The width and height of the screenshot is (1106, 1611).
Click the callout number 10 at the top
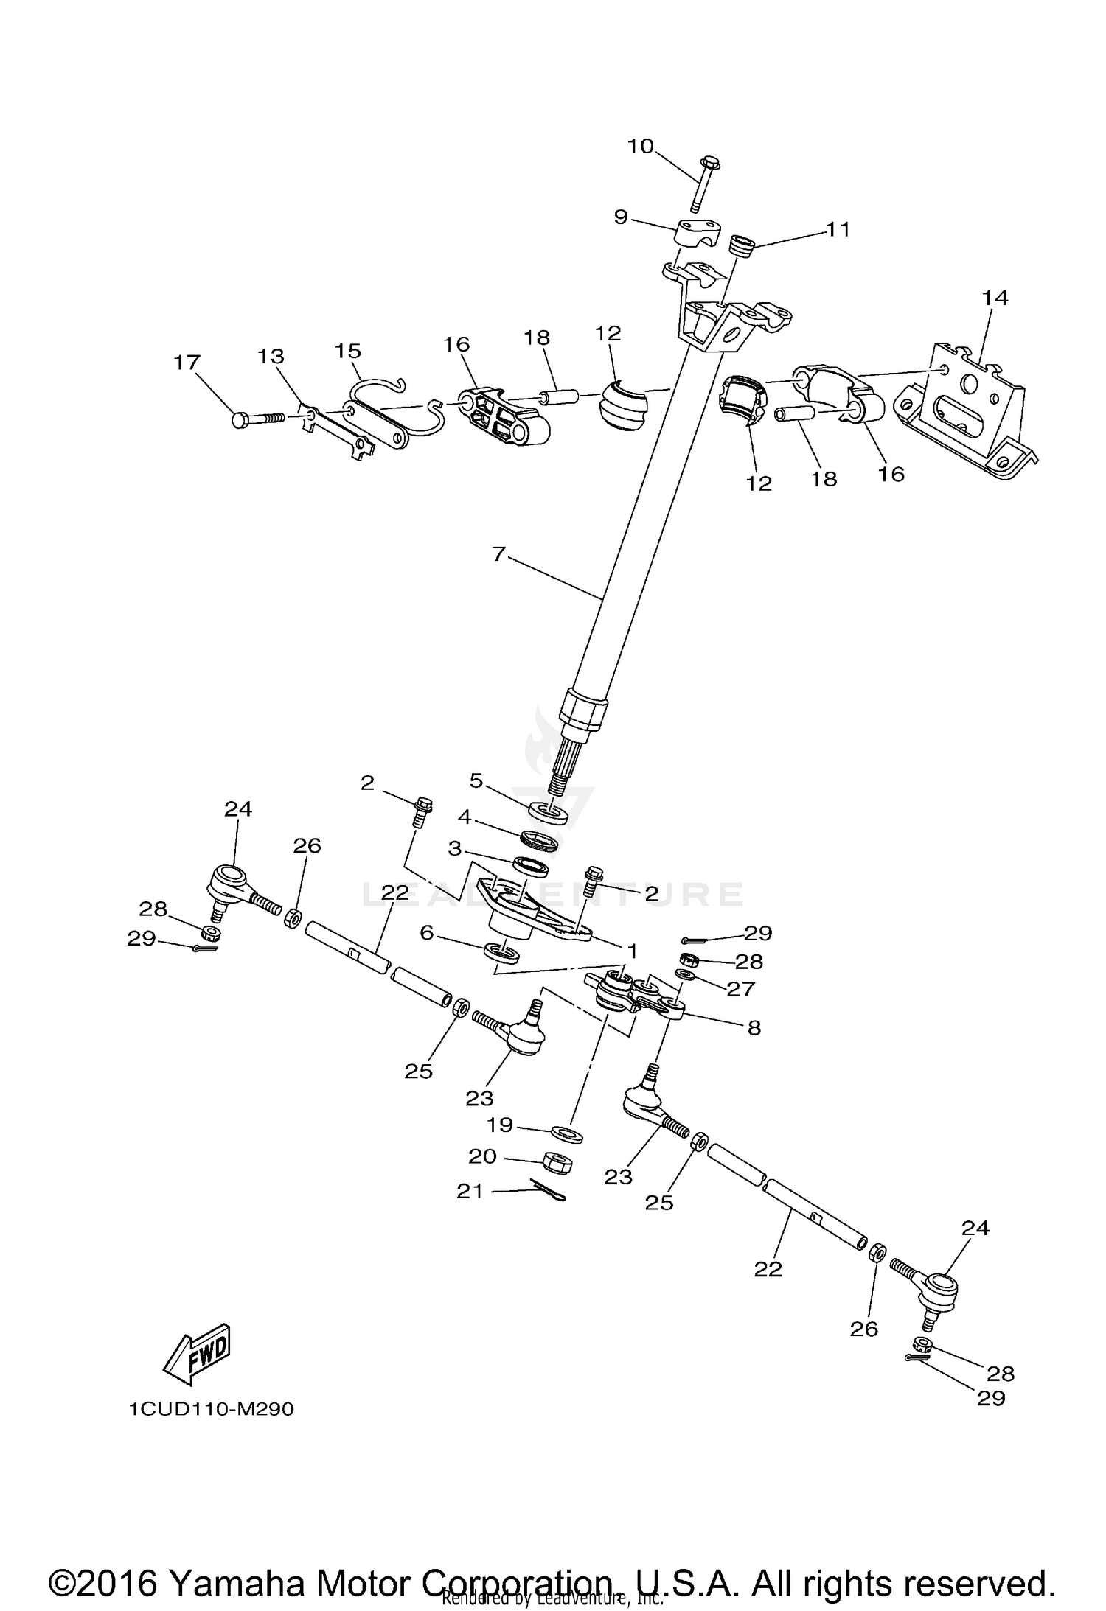coord(640,146)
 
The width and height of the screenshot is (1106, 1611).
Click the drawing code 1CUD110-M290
coord(211,1409)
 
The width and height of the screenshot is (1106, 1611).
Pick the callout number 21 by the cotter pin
coord(469,1190)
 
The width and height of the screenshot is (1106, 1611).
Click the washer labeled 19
coord(566,1133)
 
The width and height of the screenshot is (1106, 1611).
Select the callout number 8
coord(754,1027)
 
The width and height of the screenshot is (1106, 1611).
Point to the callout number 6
coord(426,932)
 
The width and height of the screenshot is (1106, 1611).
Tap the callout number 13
coord(271,356)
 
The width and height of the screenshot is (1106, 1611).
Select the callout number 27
coord(741,988)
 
